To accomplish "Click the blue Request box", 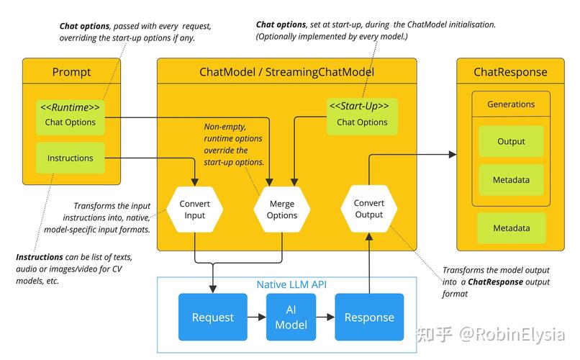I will (x=212, y=317).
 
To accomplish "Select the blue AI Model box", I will (x=291, y=317).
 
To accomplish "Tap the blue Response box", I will (x=369, y=317).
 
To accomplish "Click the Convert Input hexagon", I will (x=194, y=210).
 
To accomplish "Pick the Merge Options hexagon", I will (x=282, y=210).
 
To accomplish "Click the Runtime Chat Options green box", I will (x=71, y=115).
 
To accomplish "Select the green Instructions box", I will (x=71, y=158).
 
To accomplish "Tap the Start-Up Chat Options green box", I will (x=363, y=115).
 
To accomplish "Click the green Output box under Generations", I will (x=511, y=142).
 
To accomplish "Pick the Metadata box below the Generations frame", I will (x=511, y=228).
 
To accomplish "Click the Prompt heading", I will (x=71, y=72).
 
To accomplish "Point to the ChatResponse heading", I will (x=510, y=72).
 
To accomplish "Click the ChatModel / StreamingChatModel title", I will (x=286, y=72).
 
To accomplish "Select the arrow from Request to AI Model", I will (x=256, y=317).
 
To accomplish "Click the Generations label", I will (x=511, y=104).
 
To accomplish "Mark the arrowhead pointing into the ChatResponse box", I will (x=453, y=154).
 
